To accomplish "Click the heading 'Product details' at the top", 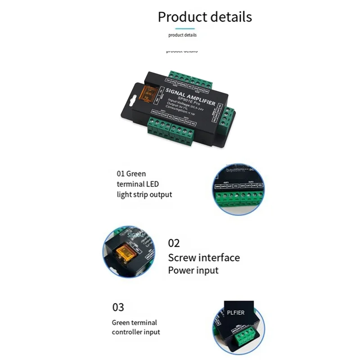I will [205, 17].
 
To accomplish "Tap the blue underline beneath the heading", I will [182, 28].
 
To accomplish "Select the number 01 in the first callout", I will [121, 173].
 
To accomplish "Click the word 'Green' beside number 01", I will [136, 173].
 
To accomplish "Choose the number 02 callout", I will [174, 243].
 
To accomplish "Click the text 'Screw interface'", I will [204, 258].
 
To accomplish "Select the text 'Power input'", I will [193, 270].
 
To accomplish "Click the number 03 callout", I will [118, 307].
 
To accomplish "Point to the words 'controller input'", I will [136, 332].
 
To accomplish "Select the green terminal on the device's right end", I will [227, 117].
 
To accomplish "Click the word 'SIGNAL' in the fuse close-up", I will [135, 235].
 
